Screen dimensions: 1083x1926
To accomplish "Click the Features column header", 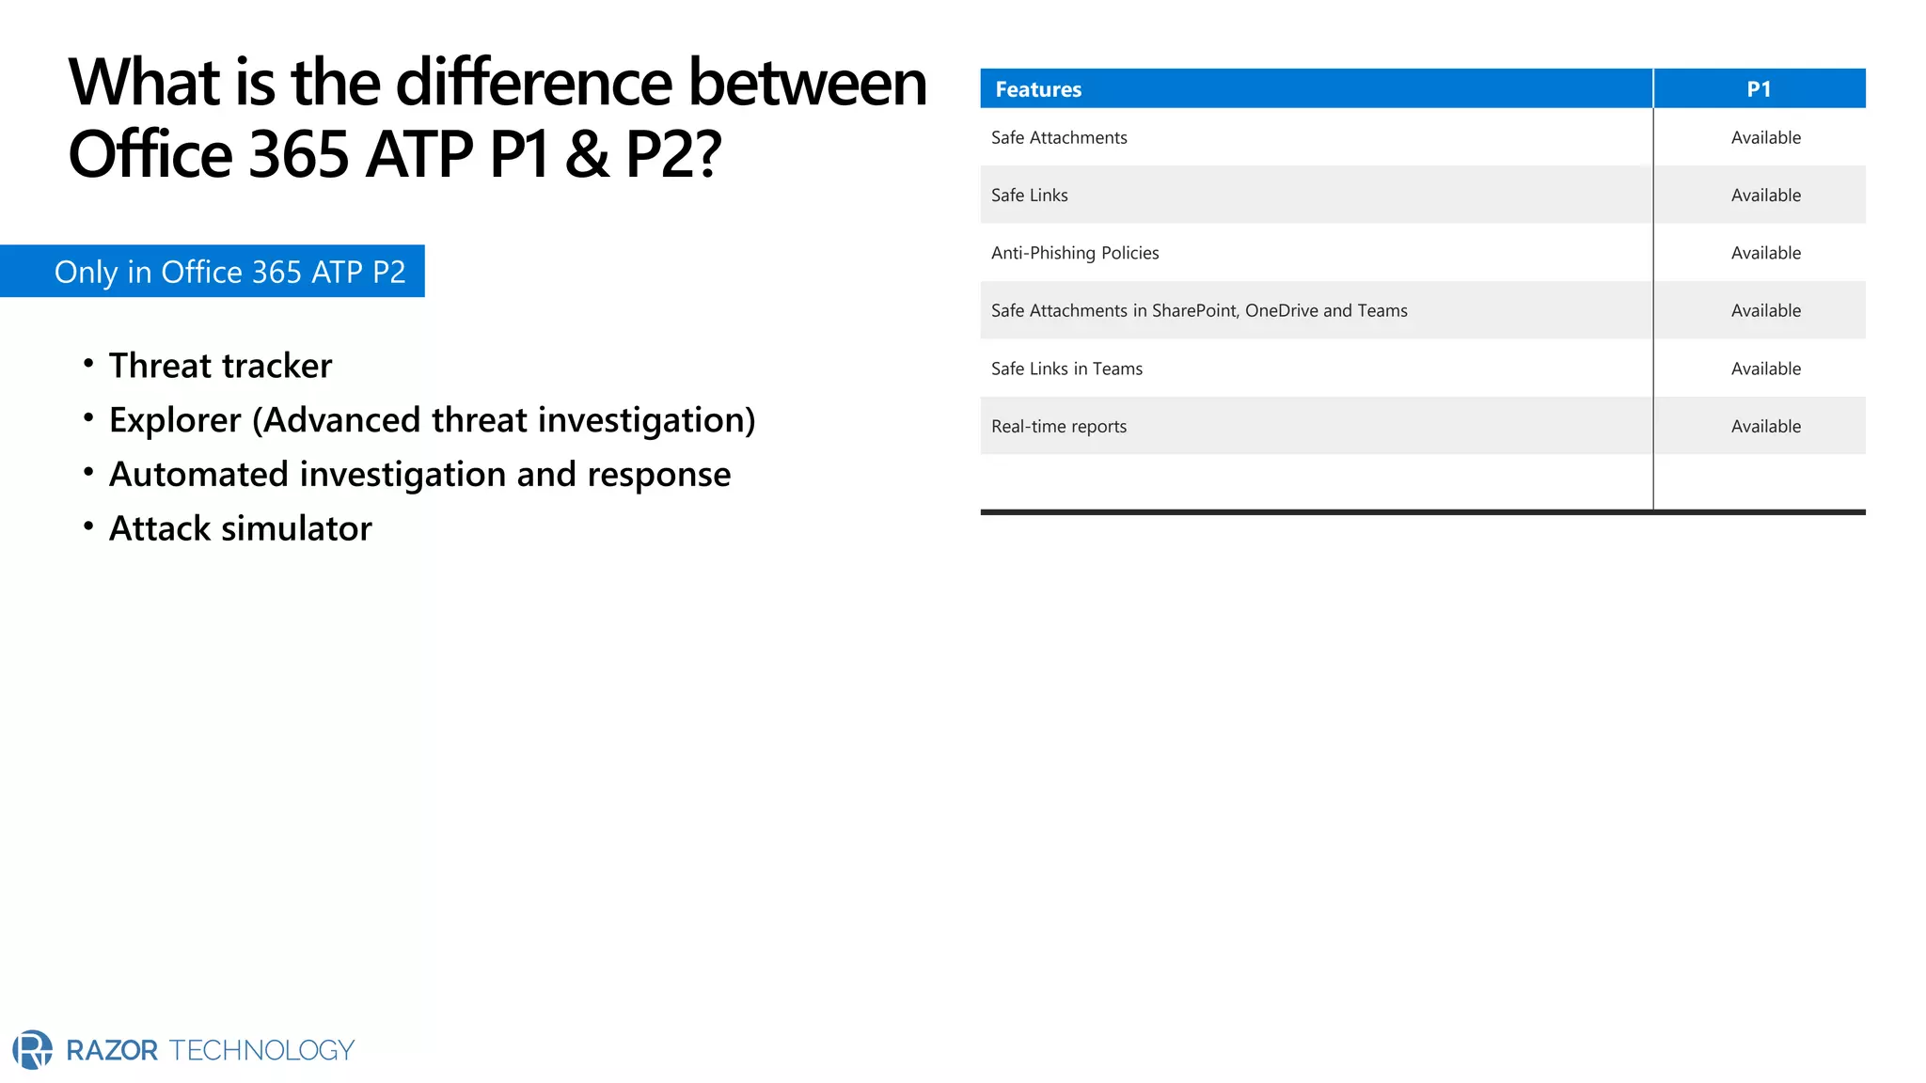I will coord(1038,89).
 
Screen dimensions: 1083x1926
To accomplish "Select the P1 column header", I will coord(1759,89).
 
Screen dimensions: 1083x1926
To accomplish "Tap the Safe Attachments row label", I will coord(1059,138).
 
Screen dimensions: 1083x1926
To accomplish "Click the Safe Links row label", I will coord(1030,196).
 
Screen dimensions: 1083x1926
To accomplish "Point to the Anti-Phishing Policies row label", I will coord(1075,253).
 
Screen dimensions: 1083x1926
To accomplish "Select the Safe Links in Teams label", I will coord(1066,369).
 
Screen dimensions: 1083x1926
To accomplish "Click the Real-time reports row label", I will coord(1059,427).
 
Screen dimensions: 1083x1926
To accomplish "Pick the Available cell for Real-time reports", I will coord(1766,427).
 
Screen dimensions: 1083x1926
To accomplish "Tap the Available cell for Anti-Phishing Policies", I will coord(1766,253).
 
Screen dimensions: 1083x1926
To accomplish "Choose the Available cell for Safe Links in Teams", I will coord(1766,369).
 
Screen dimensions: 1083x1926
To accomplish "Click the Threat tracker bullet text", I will coord(220,366).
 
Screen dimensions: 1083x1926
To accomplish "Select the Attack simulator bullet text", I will coord(240,528).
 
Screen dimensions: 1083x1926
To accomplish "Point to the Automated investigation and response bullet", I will coord(419,475).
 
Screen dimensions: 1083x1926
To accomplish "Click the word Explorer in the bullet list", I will coord(175,420).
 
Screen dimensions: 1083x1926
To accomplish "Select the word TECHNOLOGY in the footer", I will coord(261,1050).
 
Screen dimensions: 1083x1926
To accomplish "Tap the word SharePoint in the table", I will coord(1194,311).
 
